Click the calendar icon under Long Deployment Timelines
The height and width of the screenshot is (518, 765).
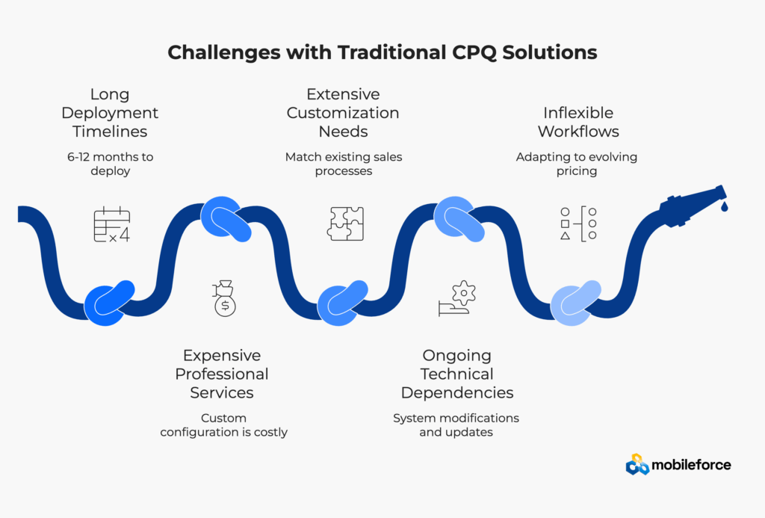(112, 224)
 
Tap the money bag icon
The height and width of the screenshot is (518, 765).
(224, 298)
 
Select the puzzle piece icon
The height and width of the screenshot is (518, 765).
(345, 223)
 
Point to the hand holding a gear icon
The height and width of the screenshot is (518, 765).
(457, 298)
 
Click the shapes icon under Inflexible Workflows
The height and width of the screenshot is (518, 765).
(578, 223)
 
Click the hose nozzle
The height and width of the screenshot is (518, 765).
(691, 204)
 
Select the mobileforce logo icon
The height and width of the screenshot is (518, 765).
(637, 464)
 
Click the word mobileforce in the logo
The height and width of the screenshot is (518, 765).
(691, 465)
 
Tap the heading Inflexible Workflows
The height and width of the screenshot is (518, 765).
(578, 122)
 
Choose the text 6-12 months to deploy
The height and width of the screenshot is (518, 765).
(110, 164)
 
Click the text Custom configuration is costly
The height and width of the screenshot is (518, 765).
(224, 425)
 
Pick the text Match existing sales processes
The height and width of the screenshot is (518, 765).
(343, 164)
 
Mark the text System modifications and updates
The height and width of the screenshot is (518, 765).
(456, 425)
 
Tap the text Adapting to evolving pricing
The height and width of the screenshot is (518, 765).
(576, 164)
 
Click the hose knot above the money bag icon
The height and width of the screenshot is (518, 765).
(226, 220)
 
